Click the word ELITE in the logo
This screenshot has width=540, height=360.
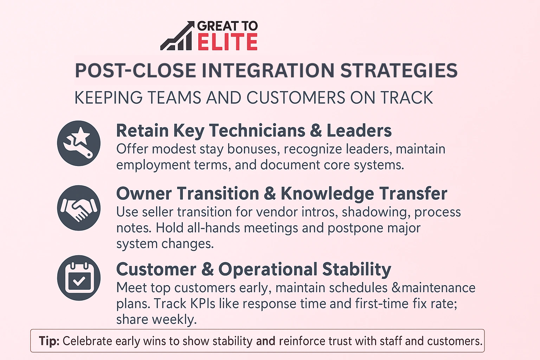pos(227,42)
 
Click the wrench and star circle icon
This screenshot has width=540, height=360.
pos(79,143)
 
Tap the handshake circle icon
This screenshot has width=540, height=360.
pos(79,208)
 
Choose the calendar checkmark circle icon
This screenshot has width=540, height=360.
pos(79,278)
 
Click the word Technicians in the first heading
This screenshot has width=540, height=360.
pos(257,131)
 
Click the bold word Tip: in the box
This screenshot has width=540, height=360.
pos(49,341)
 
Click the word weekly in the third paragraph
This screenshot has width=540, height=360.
pos(174,320)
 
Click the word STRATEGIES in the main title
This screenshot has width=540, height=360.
pos(399,71)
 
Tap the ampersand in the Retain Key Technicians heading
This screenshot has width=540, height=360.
pos(316,131)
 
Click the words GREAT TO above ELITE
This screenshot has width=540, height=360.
pos(227,26)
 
